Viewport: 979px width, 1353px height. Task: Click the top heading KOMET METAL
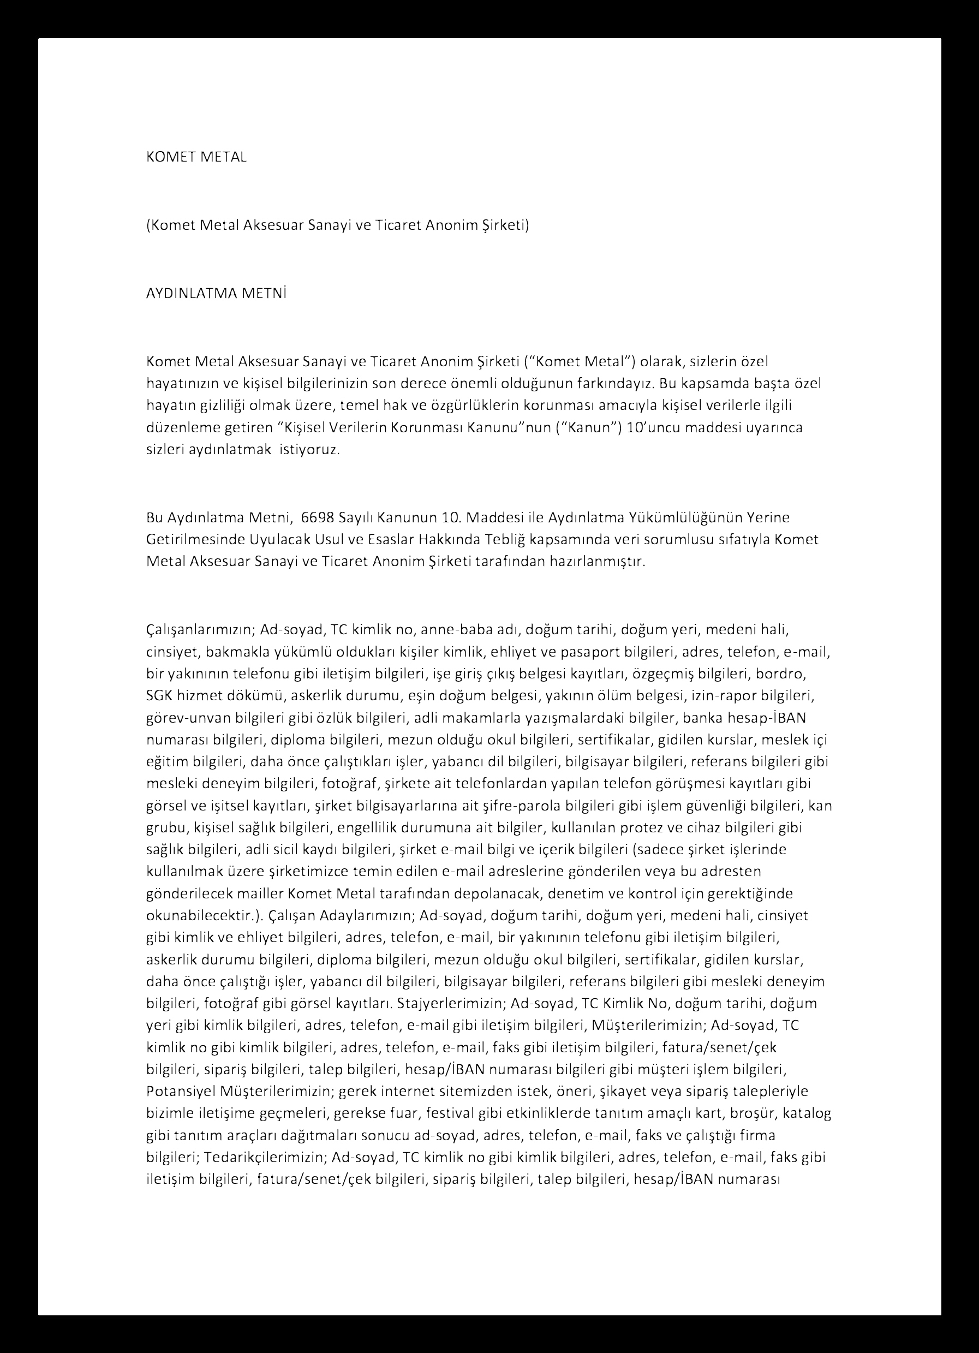[x=196, y=158]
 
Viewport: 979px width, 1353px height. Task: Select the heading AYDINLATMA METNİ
[x=217, y=294]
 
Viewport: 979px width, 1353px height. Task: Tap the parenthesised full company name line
[x=338, y=225]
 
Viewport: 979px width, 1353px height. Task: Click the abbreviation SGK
[x=159, y=695]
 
